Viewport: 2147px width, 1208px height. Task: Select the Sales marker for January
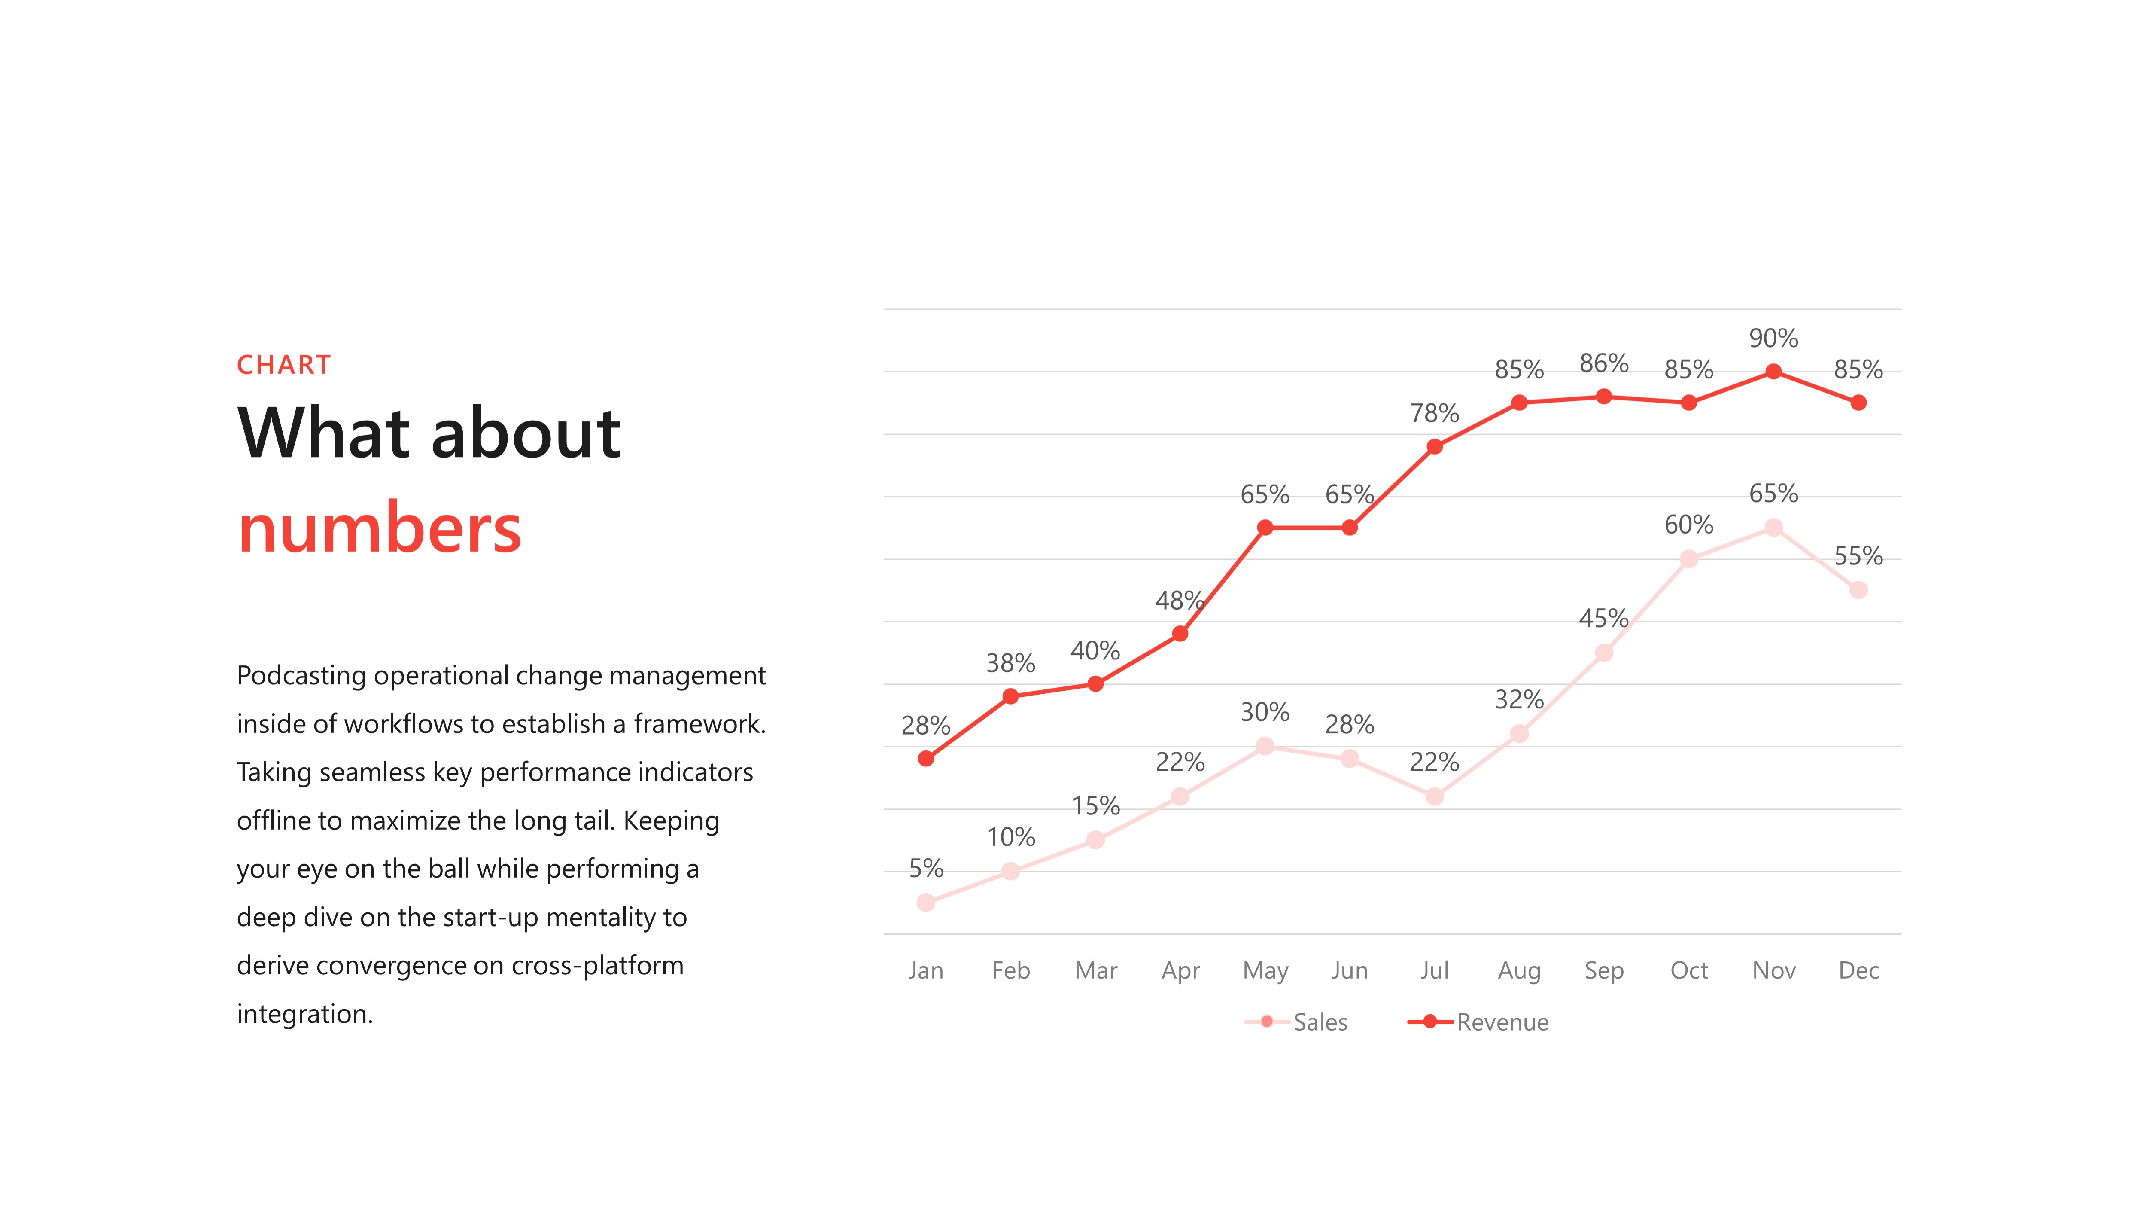[x=925, y=902]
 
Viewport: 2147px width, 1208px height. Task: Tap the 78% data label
[x=1434, y=414]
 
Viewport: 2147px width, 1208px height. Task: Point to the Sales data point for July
[x=1434, y=796]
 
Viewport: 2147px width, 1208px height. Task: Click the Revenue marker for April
[x=1180, y=634]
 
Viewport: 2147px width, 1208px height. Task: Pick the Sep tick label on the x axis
[x=1603, y=970]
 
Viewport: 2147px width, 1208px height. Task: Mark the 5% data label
[x=925, y=869]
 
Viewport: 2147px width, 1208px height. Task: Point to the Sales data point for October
[x=1688, y=558]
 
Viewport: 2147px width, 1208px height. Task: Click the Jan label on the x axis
[x=925, y=970]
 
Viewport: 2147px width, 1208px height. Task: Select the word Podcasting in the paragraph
[x=301, y=675]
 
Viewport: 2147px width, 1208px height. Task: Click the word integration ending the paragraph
[x=304, y=1014]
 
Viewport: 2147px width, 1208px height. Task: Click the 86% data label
[x=1603, y=363]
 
